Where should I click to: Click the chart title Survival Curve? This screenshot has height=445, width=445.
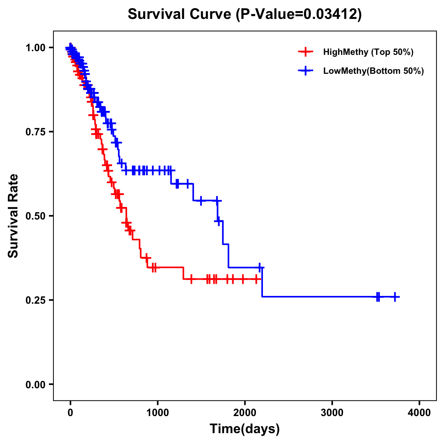pyautogui.click(x=180, y=14)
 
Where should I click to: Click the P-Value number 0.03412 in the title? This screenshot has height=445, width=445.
pyautogui.click(x=331, y=14)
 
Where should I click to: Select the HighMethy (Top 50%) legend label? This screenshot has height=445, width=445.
pyautogui.click(x=368, y=52)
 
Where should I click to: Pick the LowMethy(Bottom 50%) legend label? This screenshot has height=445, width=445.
pyautogui.click(x=373, y=71)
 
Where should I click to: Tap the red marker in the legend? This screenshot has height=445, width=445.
pyautogui.click(x=305, y=52)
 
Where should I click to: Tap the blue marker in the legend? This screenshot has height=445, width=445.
pyautogui.click(x=305, y=71)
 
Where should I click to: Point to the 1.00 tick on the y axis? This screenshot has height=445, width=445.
pyautogui.click(x=35, y=47)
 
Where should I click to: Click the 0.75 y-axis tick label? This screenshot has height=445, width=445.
pyautogui.click(x=35, y=132)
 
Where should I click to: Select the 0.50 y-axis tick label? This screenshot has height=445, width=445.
pyautogui.click(x=35, y=216)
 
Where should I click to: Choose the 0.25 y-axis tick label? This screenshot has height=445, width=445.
pyautogui.click(x=35, y=300)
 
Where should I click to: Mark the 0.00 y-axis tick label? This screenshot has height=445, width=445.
pyautogui.click(x=35, y=384)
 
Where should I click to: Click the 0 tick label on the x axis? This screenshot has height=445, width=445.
pyautogui.click(x=70, y=413)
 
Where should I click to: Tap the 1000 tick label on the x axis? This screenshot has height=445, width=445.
pyautogui.click(x=158, y=413)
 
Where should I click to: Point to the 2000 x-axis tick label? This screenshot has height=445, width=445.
pyautogui.click(x=245, y=413)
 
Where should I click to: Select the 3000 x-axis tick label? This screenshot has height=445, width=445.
pyautogui.click(x=332, y=413)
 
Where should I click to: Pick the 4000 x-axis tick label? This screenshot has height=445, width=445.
pyautogui.click(x=419, y=413)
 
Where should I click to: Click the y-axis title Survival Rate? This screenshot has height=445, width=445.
pyautogui.click(x=13, y=216)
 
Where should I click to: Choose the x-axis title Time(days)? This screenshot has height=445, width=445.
pyautogui.click(x=245, y=429)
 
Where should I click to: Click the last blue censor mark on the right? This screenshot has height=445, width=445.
pyautogui.click(x=395, y=297)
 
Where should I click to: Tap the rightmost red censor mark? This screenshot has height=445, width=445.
pyautogui.click(x=256, y=279)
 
